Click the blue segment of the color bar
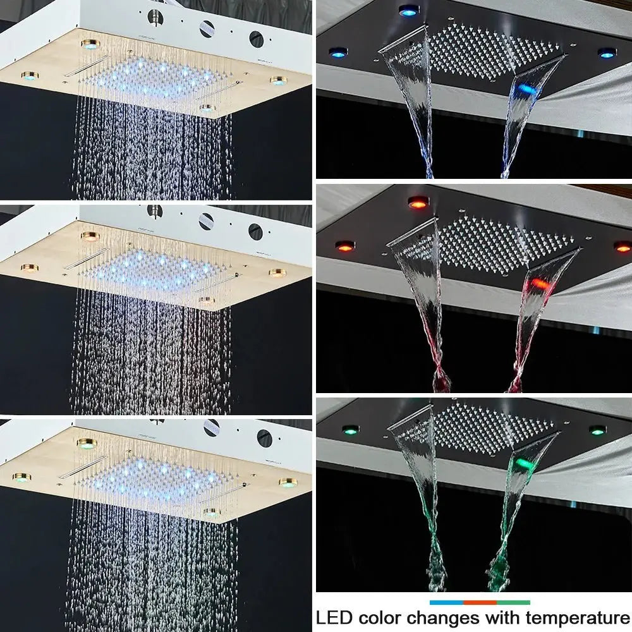pyautogui.click(x=446, y=603)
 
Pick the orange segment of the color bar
pyautogui.click(x=480, y=603)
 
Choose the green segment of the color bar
pyautogui.click(x=513, y=603)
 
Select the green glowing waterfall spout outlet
pyautogui.click(x=525, y=464)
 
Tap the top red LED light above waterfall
pyautogui.click(x=416, y=202)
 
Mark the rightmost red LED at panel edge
pyautogui.click(x=622, y=246)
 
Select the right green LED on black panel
pyautogui.click(x=597, y=430)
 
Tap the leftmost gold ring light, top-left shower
pyautogui.click(x=28, y=76)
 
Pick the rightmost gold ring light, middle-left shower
pyautogui.click(x=276, y=273)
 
